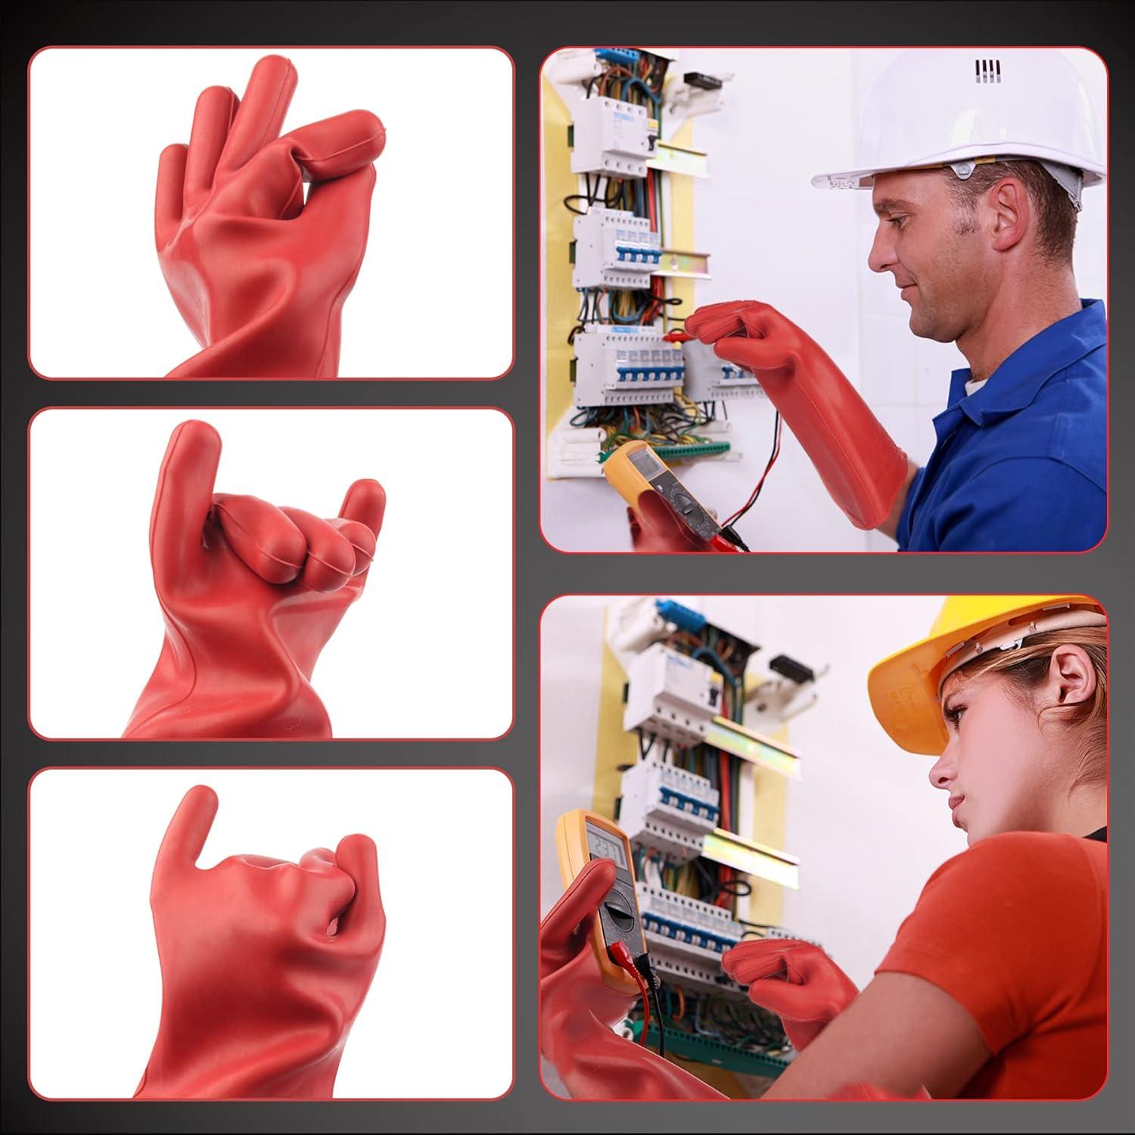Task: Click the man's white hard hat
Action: [x=961, y=129]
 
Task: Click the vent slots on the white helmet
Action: [x=985, y=70]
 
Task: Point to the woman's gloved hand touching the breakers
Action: [x=764, y=965]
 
